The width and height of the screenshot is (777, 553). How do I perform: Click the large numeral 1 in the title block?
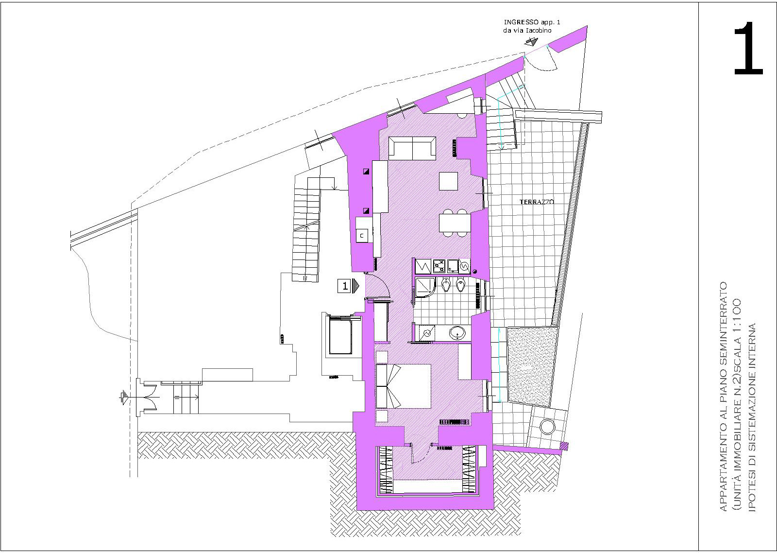(x=748, y=48)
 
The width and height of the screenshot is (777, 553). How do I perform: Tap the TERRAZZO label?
(x=537, y=202)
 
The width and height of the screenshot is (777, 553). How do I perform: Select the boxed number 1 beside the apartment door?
(x=345, y=286)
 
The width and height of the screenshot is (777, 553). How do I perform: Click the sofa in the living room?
(x=412, y=148)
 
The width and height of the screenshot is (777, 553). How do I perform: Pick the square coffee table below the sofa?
(x=448, y=181)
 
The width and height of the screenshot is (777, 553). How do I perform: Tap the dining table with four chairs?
(x=455, y=223)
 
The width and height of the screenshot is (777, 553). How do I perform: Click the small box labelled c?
(x=362, y=236)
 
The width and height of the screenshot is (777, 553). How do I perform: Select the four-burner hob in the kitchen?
(x=439, y=266)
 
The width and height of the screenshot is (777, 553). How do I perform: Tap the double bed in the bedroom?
(x=403, y=386)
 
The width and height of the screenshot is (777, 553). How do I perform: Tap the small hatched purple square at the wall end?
(x=564, y=446)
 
